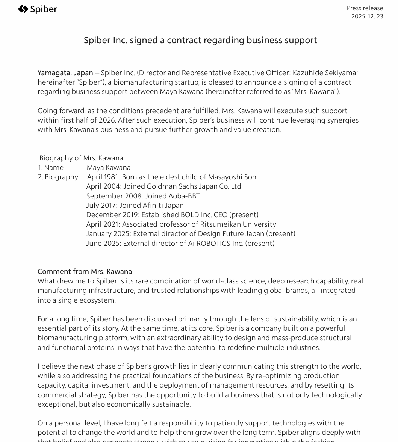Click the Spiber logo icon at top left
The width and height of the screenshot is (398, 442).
(x=23, y=9)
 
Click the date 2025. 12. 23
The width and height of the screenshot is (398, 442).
(x=367, y=17)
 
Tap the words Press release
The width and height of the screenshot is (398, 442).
(x=365, y=8)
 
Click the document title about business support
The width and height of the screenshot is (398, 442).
(x=200, y=40)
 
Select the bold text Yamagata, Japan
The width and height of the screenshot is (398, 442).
(x=65, y=73)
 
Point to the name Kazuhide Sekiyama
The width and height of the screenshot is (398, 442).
(x=324, y=73)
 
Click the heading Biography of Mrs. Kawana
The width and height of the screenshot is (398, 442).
(x=81, y=158)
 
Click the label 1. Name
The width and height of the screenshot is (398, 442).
(x=51, y=168)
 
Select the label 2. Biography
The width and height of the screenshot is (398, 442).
(x=58, y=177)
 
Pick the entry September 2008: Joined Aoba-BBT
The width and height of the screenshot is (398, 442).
(x=143, y=196)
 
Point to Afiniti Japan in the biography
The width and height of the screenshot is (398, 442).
(x=163, y=206)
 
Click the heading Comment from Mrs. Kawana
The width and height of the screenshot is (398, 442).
(x=85, y=272)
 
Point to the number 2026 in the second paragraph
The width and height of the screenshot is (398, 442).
(x=107, y=120)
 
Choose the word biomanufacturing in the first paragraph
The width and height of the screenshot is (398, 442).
(x=139, y=82)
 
